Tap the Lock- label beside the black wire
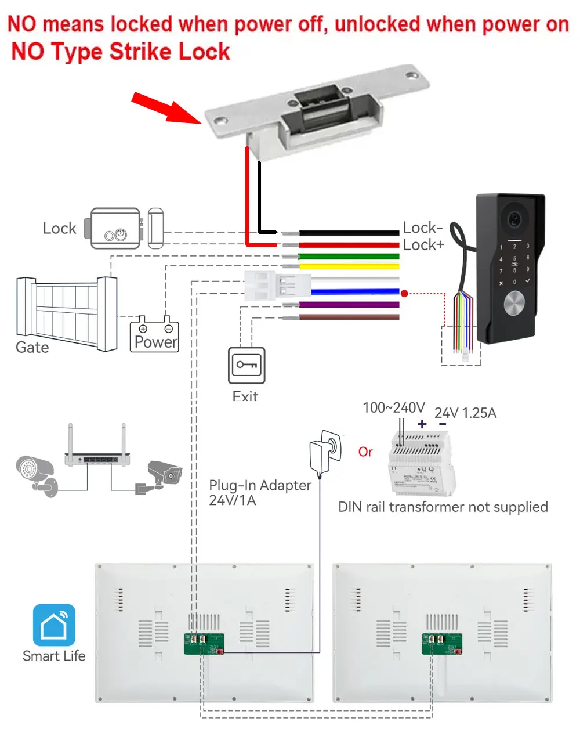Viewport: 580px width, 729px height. click(x=423, y=228)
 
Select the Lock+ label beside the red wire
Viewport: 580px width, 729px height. click(x=423, y=245)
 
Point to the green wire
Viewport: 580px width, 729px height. click(x=348, y=256)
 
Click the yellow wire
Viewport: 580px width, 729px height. click(x=348, y=266)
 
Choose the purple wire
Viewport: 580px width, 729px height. click(x=348, y=305)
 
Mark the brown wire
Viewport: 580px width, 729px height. click(x=348, y=317)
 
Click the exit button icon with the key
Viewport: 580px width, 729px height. click(x=246, y=365)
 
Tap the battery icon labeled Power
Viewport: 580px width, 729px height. click(x=154, y=334)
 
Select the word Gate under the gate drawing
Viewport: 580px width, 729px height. click(x=32, y=348)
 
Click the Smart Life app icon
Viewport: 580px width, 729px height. click(x=54, y=625)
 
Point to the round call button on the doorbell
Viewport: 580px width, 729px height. click(x=514, y=303)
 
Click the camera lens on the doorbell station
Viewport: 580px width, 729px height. click(x=514, y=219)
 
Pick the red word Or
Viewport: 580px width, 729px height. click(x=365, y=452)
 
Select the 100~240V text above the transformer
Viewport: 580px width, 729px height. click(x=393, y=408)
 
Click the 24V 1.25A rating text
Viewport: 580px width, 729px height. click(x=465, y=413)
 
